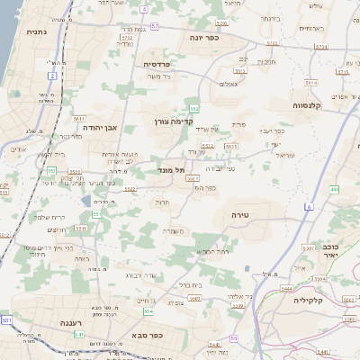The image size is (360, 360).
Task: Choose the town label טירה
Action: [239, 215]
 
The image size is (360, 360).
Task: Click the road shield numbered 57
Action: [154, 27]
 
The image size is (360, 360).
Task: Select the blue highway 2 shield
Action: [52, 76]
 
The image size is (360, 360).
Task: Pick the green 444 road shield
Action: [334, 189]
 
